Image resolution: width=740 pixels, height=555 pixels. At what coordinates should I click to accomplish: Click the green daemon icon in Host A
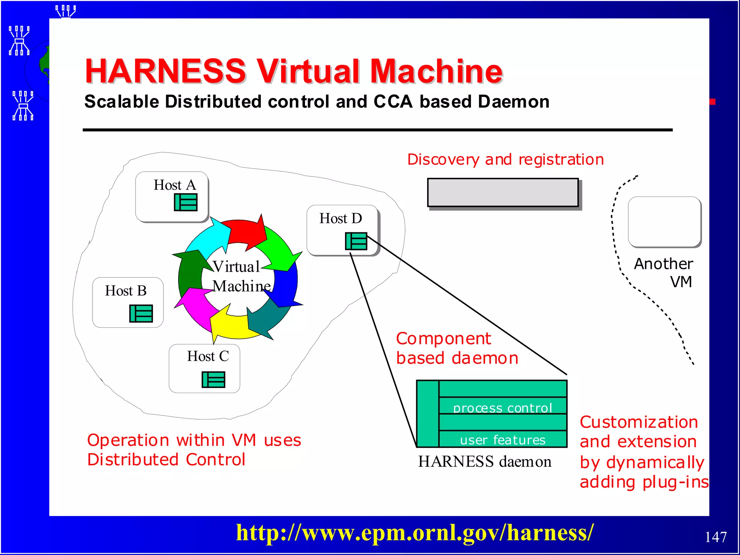(186, 202)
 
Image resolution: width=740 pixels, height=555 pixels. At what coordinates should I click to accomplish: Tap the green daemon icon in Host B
(141, 313)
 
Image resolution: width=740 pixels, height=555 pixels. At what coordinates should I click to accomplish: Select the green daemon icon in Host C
(213, 379)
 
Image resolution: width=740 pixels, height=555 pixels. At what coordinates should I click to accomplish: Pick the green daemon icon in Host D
(356, 241)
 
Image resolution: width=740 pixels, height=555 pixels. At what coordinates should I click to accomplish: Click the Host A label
(175, 185)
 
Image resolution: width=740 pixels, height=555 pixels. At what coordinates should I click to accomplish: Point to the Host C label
(208, 356)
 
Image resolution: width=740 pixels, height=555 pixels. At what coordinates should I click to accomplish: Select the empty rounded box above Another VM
(664, 222)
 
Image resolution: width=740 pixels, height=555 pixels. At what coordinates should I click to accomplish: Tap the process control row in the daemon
(503, 408)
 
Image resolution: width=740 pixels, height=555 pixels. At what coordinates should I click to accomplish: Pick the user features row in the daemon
(503, 440)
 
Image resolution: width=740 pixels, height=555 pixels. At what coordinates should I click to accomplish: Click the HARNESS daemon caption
(485, 462)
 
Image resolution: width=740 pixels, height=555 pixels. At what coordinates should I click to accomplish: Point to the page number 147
(715, 537)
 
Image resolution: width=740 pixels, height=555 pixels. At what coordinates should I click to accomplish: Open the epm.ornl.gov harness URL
(414, 533)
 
